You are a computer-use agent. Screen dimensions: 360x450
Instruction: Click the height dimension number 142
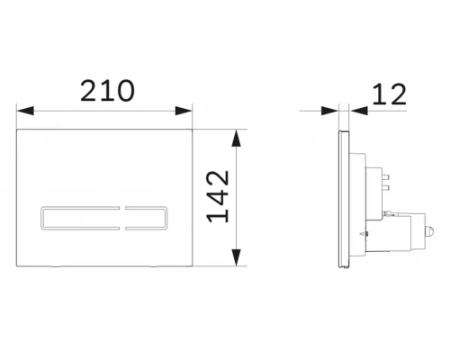click(216, 199)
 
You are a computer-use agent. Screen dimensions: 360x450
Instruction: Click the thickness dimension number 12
click(388, 94)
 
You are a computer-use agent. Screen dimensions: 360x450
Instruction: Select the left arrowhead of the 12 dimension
click(334, 112)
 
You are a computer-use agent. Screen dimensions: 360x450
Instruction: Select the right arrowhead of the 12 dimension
click(354, 112)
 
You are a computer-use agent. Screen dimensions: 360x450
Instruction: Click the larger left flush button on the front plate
click(79, 217)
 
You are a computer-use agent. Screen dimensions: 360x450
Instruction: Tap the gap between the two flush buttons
click(121, 217)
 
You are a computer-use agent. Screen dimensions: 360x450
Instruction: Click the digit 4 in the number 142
click(216, 199)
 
